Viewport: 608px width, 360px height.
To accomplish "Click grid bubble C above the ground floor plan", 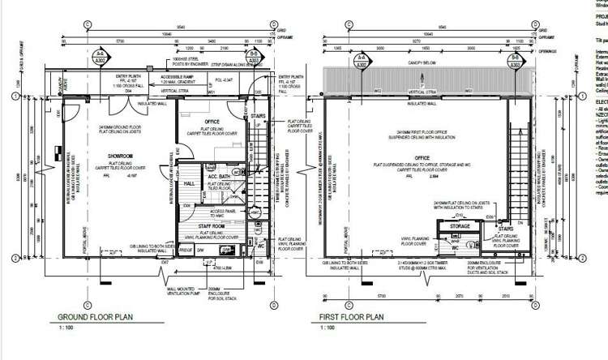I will [86, 22].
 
